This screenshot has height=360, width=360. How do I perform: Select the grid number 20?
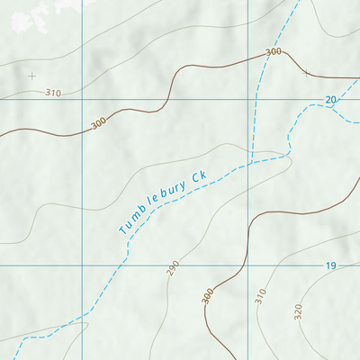click(331, 99)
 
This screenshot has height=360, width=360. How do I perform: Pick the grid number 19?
click(331, 265)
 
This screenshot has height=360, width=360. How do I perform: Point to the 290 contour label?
click(172, 267)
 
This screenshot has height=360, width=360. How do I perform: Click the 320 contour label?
click(298, 311)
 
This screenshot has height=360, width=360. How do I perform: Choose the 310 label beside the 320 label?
click(261, 296)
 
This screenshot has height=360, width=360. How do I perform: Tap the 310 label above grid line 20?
click(52, 93)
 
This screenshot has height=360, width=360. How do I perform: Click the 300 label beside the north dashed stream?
click(274, 52)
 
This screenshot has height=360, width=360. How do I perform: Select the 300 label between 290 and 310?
click(209, 295)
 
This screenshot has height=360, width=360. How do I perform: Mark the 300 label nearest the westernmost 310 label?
click(98, 122)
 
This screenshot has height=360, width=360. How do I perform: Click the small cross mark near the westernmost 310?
click(32, 76)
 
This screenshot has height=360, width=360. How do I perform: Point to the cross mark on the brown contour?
click(307, 72)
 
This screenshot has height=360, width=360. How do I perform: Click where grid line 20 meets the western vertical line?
click(80, 99)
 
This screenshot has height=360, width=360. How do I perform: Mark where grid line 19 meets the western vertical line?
click(80, 265)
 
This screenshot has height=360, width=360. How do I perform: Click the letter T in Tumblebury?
click(123, 230)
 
